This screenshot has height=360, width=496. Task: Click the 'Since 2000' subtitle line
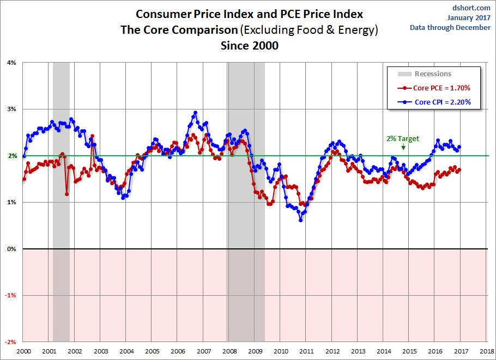pos(249,46)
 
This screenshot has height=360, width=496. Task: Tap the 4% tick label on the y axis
pos(11,63)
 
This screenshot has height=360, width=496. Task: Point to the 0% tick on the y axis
pos(11,249)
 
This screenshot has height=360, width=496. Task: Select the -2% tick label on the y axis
pos(10,342)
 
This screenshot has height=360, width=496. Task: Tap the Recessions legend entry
pos(433,74)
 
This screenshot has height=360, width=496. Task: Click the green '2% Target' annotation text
pos(403,138)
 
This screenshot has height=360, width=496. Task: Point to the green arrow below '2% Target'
pos(403,147)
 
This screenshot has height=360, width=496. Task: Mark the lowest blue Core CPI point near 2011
pos(300,220)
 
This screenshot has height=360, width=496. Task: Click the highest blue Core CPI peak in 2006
pos(195,113)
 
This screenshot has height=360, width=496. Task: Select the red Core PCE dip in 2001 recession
pos(66,193)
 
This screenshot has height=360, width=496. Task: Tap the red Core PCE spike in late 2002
pos(92,136)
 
